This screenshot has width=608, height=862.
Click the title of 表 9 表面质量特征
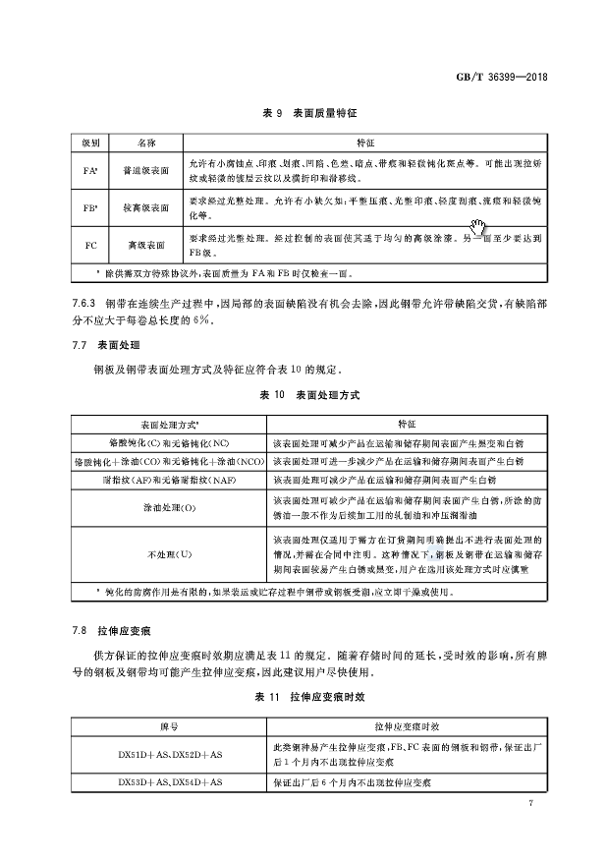click(304, 114)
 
